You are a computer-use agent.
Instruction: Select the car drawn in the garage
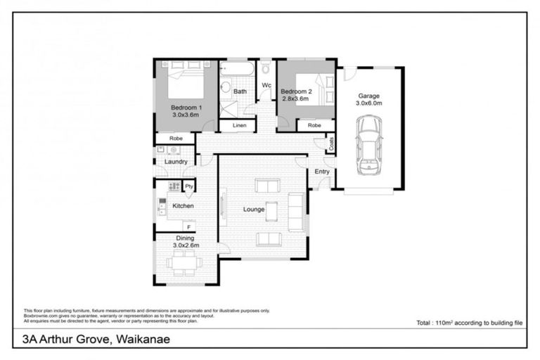coord(368,146)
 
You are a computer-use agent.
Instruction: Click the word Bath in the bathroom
coord(240,91)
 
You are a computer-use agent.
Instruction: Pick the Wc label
coord(266,86)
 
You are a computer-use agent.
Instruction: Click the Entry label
coord(322,172)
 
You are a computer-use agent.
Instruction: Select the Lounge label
coord(254,209)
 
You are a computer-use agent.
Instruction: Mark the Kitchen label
coord(183,206)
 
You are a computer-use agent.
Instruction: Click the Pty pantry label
coord(188,186)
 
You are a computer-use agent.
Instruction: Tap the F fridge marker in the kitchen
coord(188,226)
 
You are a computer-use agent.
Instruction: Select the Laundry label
coord(175,162)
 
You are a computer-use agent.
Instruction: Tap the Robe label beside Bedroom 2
coord(314,125)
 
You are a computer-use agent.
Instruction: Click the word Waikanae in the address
coord(139,339)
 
